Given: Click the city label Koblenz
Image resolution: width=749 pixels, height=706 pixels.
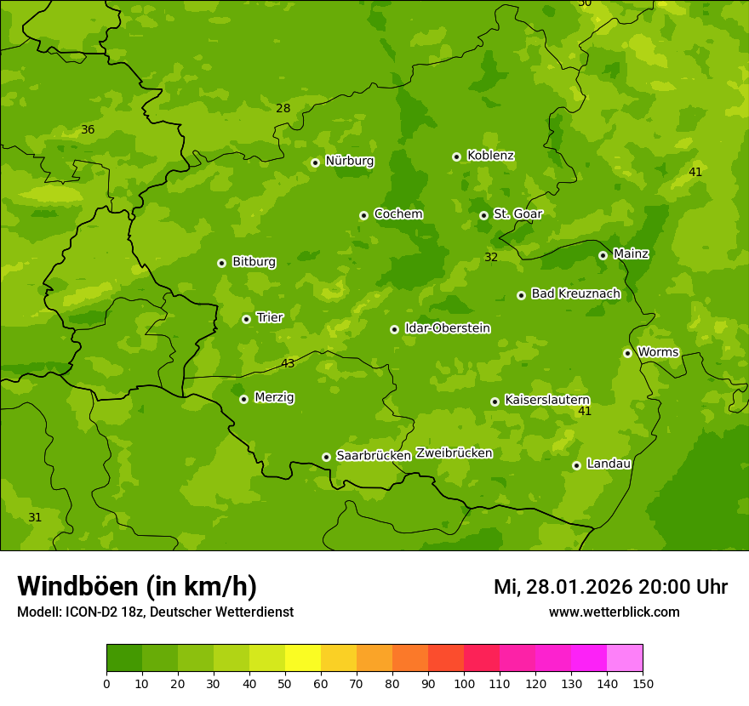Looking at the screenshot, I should tap(490, 156).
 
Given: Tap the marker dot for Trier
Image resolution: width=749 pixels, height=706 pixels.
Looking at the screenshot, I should tap(246, 319).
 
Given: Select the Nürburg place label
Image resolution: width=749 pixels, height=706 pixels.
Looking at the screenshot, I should tap(349, 161).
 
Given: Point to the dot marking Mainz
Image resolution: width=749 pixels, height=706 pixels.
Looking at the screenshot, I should tap(603, 255).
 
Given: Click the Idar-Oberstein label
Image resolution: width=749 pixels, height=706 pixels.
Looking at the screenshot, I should tap(447, 328).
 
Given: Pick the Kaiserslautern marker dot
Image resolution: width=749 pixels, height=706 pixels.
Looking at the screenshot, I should tap(495, 401).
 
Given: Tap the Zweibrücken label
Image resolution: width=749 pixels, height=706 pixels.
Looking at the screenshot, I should tap(454, 453).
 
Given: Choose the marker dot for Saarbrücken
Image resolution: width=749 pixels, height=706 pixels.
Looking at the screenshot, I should tap(326, 457).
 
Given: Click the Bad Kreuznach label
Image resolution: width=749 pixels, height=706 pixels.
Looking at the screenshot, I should tap(575, 294).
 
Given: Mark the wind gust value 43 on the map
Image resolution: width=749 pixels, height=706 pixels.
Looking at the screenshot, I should tap(288, 364).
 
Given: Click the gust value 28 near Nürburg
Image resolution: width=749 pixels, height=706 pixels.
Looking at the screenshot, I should tap(283, 108).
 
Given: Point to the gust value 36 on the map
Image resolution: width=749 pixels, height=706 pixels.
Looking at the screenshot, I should tap(88, 130).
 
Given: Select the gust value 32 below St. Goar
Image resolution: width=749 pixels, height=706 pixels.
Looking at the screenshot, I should tap(491, 258).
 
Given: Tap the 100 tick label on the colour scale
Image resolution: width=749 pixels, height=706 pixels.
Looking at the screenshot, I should tap(464, 683).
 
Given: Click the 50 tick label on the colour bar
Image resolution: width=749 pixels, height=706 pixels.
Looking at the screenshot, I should tap(285, 683).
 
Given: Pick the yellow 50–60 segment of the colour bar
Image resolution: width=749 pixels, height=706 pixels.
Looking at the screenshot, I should tap(303, 658).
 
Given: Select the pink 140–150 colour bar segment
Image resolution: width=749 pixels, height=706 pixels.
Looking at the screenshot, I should tap(625, 658).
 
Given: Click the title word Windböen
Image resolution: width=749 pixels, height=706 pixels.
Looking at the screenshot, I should tap(78, 586).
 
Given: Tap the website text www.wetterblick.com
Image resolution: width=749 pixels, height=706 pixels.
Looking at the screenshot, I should tap(614, 612).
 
